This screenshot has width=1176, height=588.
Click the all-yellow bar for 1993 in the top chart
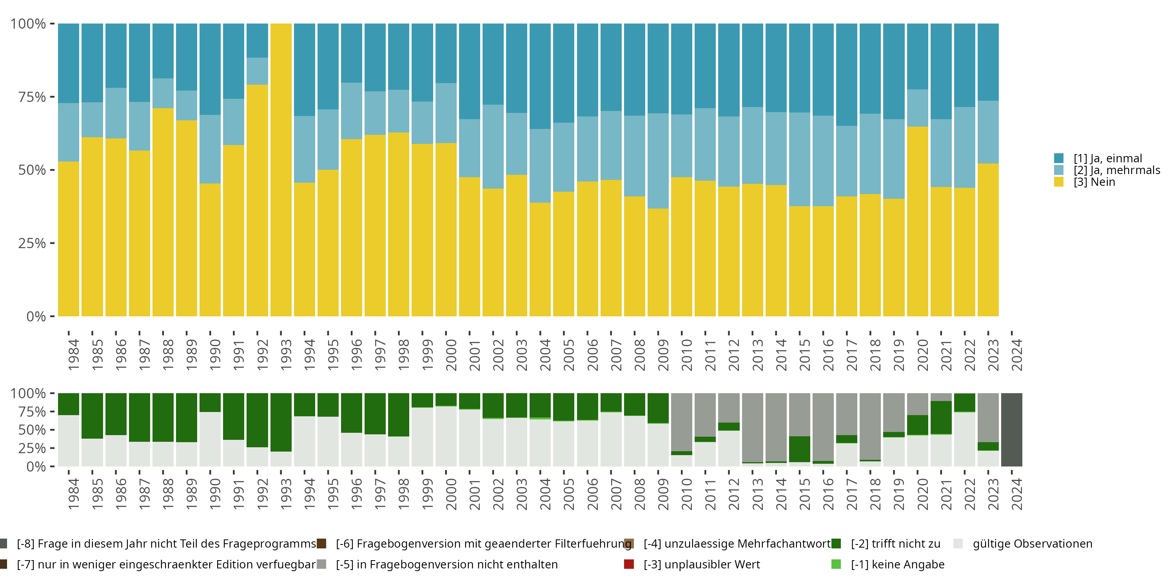point(281,169)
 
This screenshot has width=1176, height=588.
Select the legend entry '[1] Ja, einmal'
point(1107,158)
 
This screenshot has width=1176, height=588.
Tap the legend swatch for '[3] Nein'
point(1059,182)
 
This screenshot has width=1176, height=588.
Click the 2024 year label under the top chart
point(1017,355)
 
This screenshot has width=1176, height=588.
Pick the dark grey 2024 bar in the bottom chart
point(1011,430)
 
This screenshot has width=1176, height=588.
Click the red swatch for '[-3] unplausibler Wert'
point(629,564)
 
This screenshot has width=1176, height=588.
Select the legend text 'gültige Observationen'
point(1032,544)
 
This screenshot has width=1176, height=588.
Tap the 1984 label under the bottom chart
point(74,494)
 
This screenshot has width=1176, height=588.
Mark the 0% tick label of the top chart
point(36,316)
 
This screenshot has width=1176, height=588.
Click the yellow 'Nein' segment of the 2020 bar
point(917,221)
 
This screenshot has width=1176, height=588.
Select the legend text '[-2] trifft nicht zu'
point(895,544)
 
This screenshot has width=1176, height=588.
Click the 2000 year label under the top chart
point(451,355)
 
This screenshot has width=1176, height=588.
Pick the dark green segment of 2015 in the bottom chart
point(799,449)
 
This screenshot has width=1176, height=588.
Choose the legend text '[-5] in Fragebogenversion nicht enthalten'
point(446,564)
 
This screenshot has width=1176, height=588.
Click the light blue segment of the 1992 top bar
point(257,71)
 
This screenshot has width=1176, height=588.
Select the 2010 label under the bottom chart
point(687,494)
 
